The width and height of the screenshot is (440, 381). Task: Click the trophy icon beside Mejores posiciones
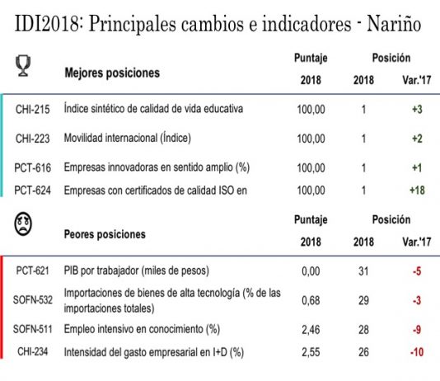[x=23, y=65]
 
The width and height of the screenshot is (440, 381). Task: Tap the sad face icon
[x=23, y=223]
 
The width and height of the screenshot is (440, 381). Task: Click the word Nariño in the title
[x=394, y=24]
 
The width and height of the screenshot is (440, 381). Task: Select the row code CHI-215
[x=33, y=109]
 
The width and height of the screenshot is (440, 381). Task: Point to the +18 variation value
[x=417, y=190]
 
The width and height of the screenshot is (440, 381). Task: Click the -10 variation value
[x=417, y=352]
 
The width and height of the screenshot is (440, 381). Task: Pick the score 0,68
[x=311, y=300]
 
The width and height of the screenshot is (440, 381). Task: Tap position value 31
[x=363, y=271]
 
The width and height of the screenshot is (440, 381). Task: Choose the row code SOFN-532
[x=33, y=300]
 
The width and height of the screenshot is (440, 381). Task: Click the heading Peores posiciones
[x=105, y=234]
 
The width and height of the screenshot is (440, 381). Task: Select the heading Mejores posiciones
[x=112, y=73]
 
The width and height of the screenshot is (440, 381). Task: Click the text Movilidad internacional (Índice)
[x=128, y=139]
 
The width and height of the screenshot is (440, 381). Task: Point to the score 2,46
[x=311, y=330]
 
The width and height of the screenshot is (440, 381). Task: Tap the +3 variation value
[x=417, y=109]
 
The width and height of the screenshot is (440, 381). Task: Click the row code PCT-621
[x=33, y=270]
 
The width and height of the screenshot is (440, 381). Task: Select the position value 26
[x=363, y=352]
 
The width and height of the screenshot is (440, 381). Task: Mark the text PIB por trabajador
[x=101, y=270]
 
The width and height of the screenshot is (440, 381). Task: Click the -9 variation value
[x=417, y=330]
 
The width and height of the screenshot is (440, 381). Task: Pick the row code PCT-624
[x=33, y=190]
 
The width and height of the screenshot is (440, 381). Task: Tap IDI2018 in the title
[x=48, y=24]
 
